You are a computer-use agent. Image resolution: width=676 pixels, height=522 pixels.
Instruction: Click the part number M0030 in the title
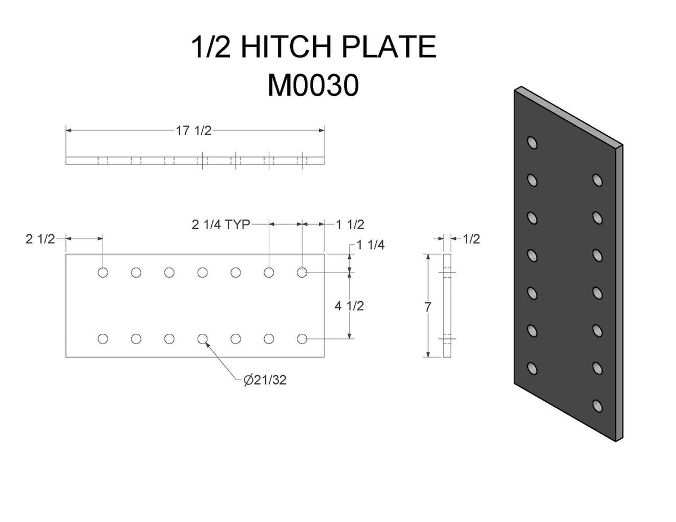(313, 86)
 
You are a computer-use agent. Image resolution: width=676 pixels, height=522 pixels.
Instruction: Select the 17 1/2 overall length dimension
(194, 131)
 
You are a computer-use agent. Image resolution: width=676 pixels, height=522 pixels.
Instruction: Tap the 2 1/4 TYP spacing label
(220, 225)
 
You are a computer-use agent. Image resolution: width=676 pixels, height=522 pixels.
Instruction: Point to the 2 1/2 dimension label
(41, 239)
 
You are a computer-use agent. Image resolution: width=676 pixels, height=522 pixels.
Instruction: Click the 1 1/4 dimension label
(372, 246)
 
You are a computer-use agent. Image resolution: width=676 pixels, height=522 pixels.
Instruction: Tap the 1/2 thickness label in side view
(472, 239)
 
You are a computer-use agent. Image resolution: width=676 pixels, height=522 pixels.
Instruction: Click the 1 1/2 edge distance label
(350, 225)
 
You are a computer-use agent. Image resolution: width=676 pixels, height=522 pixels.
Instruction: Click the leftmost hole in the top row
(103, 273)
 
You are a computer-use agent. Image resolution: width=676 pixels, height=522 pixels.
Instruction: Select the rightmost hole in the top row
(302, 273)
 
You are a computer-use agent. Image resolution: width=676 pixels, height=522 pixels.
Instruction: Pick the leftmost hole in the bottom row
(103, 338)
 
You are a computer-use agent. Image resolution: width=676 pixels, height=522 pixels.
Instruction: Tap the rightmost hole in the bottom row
(302, 338)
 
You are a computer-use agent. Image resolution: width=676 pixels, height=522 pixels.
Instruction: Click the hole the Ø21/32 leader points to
(203, 338)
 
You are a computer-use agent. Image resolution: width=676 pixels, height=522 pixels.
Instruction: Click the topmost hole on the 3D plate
(532, 142)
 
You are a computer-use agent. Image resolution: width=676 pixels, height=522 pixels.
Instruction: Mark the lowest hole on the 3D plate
(597, 405)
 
